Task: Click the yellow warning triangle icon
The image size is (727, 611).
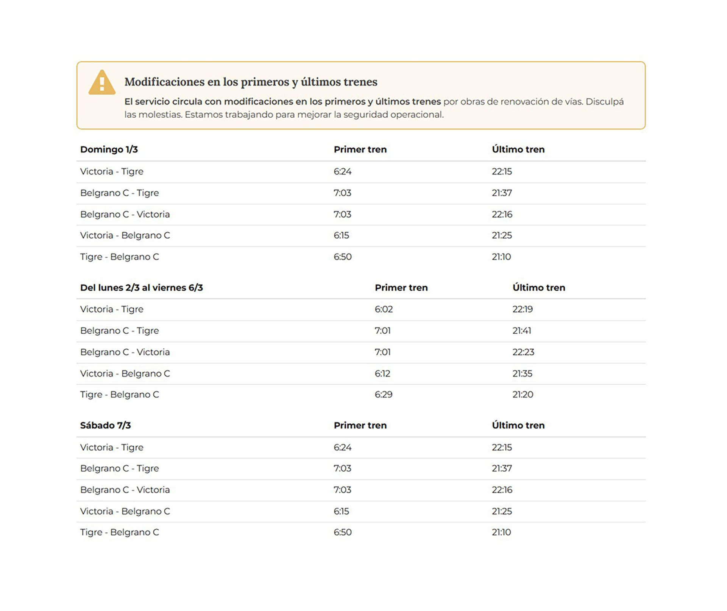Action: pos(102,82)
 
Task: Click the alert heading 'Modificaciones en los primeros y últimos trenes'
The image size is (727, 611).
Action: pos(251,82)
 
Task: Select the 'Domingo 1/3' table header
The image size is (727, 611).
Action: pos(109,149)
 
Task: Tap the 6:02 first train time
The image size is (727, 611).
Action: pos(384,309)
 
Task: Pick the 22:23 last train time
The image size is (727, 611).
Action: pos(523,352)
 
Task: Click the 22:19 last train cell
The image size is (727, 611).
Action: pos(523,309)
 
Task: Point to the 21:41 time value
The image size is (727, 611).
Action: pos(522,331)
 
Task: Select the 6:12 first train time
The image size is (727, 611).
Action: pos(382,373)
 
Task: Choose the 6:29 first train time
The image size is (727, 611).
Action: pos(384,395)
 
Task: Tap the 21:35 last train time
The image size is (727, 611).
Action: pos(522,373)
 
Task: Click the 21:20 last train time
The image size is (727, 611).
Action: pos(523,395)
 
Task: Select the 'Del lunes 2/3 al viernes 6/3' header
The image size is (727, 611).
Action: pos(142,288)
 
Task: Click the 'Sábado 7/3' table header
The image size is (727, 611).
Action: pos(105,425)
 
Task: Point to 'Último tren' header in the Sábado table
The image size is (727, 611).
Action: pos(518,425)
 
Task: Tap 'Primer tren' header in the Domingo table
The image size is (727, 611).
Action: pos(360,149)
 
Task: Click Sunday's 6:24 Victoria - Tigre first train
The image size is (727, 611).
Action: pos(342,171)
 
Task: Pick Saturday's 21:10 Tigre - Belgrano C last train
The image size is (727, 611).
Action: pos(501,532)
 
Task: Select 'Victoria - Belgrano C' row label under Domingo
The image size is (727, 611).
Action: pos(125,235)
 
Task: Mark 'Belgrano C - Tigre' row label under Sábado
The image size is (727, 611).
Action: pos(119,468)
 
